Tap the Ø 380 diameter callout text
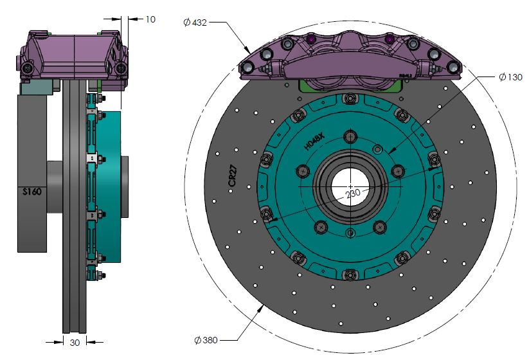click(x=208, y=339)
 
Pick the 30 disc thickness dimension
click(x=75, y=343)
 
